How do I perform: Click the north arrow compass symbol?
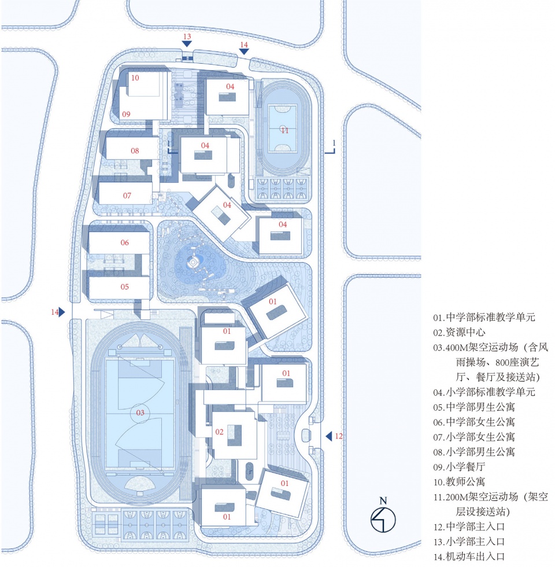click(x=383, y=520)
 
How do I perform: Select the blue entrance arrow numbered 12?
click(x=329, y=436)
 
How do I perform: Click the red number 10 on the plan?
click(x=135, y=78)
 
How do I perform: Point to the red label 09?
click(x=126, y=115)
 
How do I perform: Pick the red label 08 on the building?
click(x=135, y=151)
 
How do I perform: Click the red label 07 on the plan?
click(x=127, y=196)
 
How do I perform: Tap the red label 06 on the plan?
click(x=125, y=242)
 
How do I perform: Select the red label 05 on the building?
click(x=125, y=287)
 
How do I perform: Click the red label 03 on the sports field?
click(x=140, y=413)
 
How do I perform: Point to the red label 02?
click(x=219, y=432)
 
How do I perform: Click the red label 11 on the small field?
click(x=284, y=130)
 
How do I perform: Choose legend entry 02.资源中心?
click(x=459, y=332)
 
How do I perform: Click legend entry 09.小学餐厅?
click(x=459, y=467)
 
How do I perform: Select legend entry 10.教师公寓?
click(x=459, y=481)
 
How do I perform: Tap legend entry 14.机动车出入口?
click(x=469, y=557)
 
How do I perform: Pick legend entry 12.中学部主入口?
click(x=469, y=526)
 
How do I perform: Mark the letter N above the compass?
click(x=383, y=501)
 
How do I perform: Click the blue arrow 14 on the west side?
click(x=62, y=312)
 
